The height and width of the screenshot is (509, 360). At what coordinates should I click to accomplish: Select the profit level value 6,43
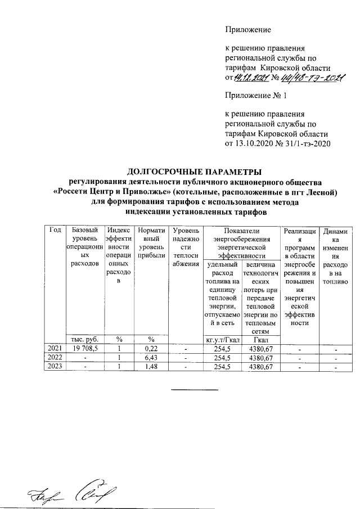click(150, 358)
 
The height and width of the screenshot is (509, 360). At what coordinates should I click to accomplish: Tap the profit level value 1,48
click(150, 367)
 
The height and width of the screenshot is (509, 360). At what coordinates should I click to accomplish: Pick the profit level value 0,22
click(150, 349)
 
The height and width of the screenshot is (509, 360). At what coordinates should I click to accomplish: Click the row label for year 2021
click(55, 349)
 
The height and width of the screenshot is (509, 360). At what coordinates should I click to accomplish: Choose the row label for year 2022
click(55, 358)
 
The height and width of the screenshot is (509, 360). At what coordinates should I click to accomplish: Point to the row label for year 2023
click(55, 367)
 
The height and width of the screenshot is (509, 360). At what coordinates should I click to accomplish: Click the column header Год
click(55, 231)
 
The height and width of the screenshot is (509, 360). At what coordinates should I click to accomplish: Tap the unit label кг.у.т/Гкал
click(223, 339)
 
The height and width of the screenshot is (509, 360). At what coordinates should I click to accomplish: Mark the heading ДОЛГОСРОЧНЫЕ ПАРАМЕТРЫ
click(195, 172)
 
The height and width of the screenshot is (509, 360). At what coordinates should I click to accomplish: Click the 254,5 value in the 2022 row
click(223, 358)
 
